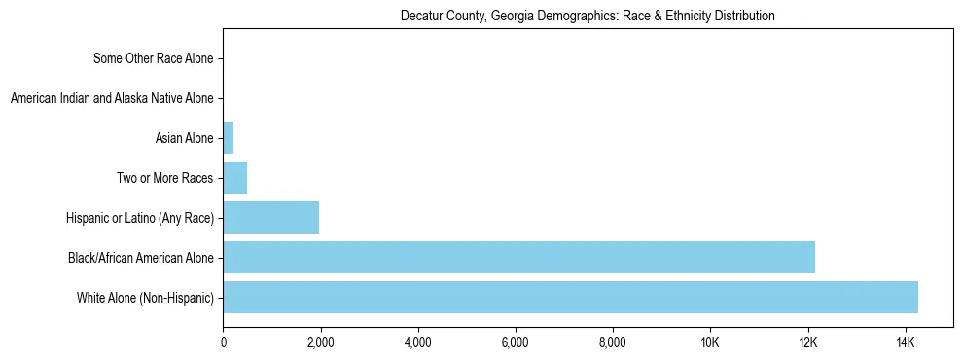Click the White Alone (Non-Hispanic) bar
(x=570, y=297)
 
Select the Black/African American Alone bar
(x=518, y=257)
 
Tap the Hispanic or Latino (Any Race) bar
(x=270, y=217)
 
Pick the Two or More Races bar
(x=234, y=178)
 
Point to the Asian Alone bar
(x=229, y=138)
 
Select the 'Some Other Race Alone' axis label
(x=153, y=58)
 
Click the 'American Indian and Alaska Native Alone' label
(x=112, y=98)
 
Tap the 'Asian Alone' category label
(x=184, y=138)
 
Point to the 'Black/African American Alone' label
(x=141, y=258)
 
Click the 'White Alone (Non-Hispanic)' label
(x=145, y=298)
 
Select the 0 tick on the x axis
(x=224, y=342)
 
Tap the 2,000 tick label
(x=320, y=342)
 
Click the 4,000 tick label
(x=417, y=342)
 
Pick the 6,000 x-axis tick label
(x=515, y=342)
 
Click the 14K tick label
(x=905, y=342)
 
